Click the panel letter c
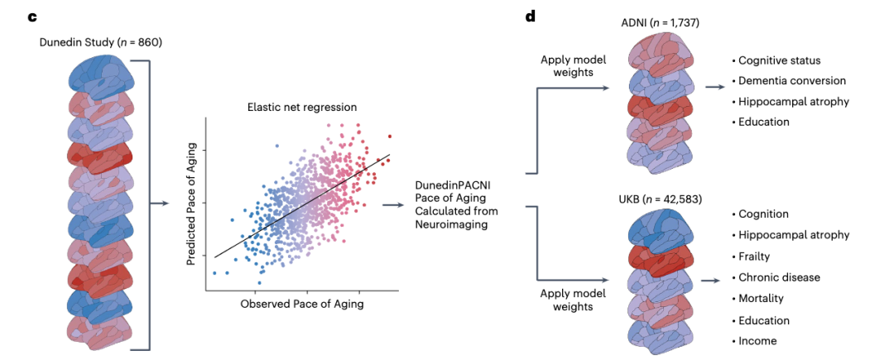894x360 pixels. [x=32, y=17]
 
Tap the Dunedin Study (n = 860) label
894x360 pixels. [x=101, y=42]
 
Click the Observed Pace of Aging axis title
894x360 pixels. [x=302, y=304]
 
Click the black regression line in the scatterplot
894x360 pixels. [x=302, y=205]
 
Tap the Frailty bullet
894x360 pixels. [x=750, y=257]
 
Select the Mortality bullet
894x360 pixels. [x=757, y=299]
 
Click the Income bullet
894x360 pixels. [x=753, y=341]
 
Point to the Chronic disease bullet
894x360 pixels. [x=775, y=277]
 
